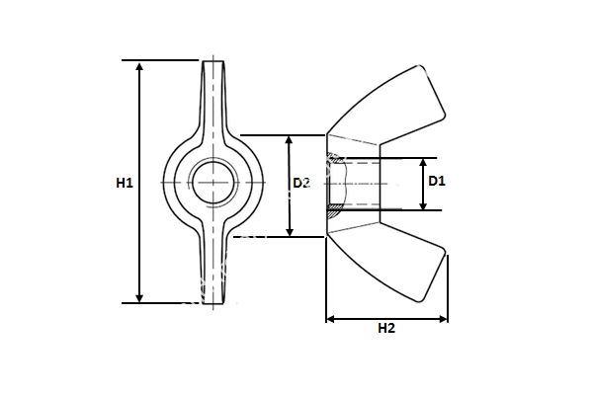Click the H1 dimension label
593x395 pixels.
(124, 183)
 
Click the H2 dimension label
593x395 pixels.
(386, 330)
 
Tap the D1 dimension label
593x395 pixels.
(436, 181)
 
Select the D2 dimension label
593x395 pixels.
(302, 183)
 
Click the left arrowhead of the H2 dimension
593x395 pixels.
(331, 318)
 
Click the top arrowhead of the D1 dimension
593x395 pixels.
(423, 163)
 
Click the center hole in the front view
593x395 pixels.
(213, 183)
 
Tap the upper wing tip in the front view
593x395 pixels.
(213, 65)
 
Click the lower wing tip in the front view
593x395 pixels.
(213, 299)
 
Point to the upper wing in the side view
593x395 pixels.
(395, 104)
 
